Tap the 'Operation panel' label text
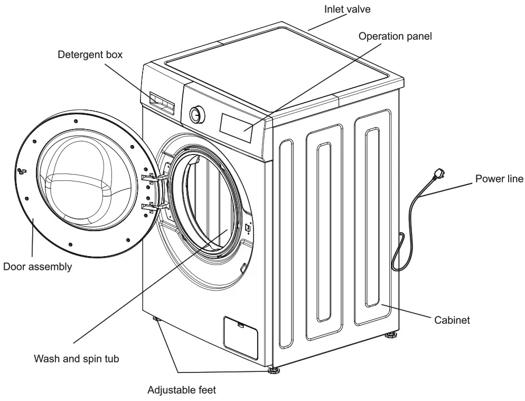tap(395, 36)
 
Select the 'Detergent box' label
tap(90, 54)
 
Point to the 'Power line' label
tap(499, 178)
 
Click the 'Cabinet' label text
tap(452, 320)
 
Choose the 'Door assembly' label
tap(37, 267)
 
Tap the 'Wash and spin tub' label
tap(76, 359)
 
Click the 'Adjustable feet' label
tap(181, 390)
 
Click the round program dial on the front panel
tap(197, 114)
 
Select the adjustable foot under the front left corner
tap(157, 319)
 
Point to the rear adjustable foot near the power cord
tap(392, 335)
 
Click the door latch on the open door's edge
tap(22, 170)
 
